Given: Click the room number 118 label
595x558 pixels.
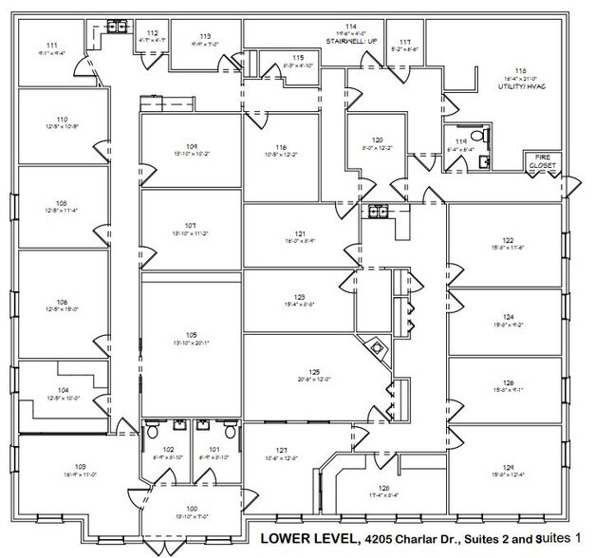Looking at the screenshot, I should coord(520,70).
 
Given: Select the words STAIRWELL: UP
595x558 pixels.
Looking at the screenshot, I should coord(351,42).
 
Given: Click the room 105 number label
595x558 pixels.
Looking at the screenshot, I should coord(191,335).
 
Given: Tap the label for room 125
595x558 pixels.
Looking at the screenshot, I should coord(312,371).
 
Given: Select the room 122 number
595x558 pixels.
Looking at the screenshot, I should coord(509,240).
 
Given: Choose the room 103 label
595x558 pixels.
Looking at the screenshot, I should coord(81,465).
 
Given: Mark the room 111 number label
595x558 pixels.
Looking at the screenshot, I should coord(51,46).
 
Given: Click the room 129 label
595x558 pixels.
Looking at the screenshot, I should coord(509,467).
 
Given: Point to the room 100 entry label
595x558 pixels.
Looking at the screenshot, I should coord(193,509).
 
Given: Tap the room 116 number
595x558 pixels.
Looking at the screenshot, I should coord(282,147).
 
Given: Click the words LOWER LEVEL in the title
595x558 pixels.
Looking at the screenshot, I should coord(307,540).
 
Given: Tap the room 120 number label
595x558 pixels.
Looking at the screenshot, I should coord(377,139).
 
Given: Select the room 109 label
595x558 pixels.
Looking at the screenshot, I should coord(191,145).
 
